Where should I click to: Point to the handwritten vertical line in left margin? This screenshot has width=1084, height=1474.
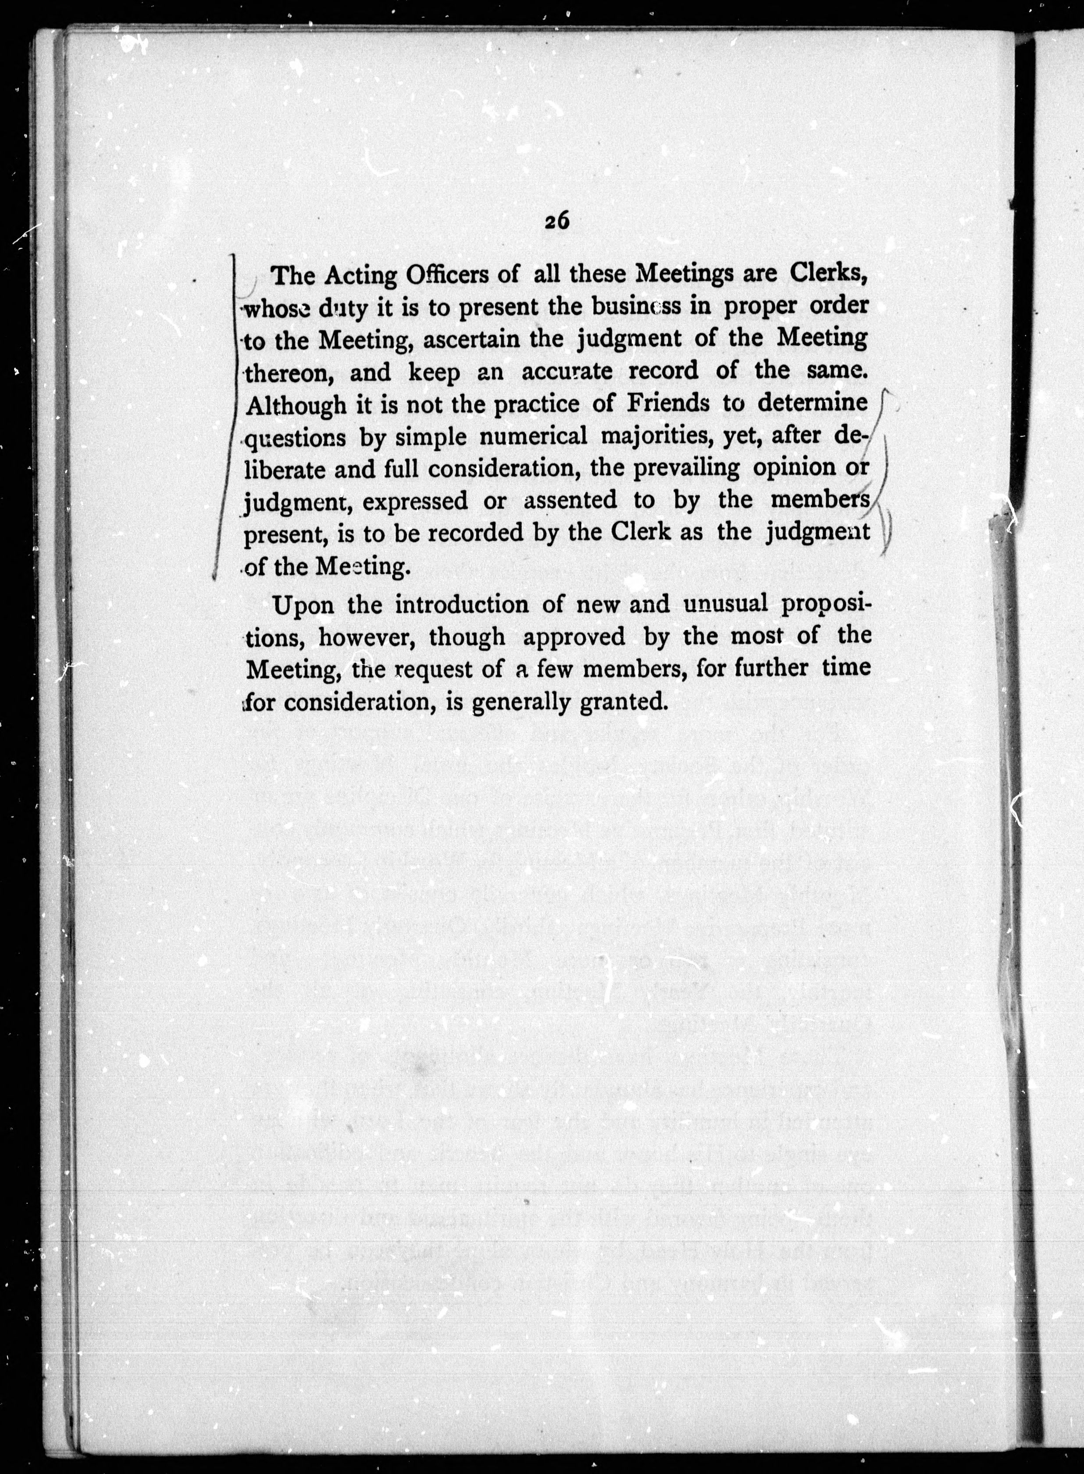(226, 413)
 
